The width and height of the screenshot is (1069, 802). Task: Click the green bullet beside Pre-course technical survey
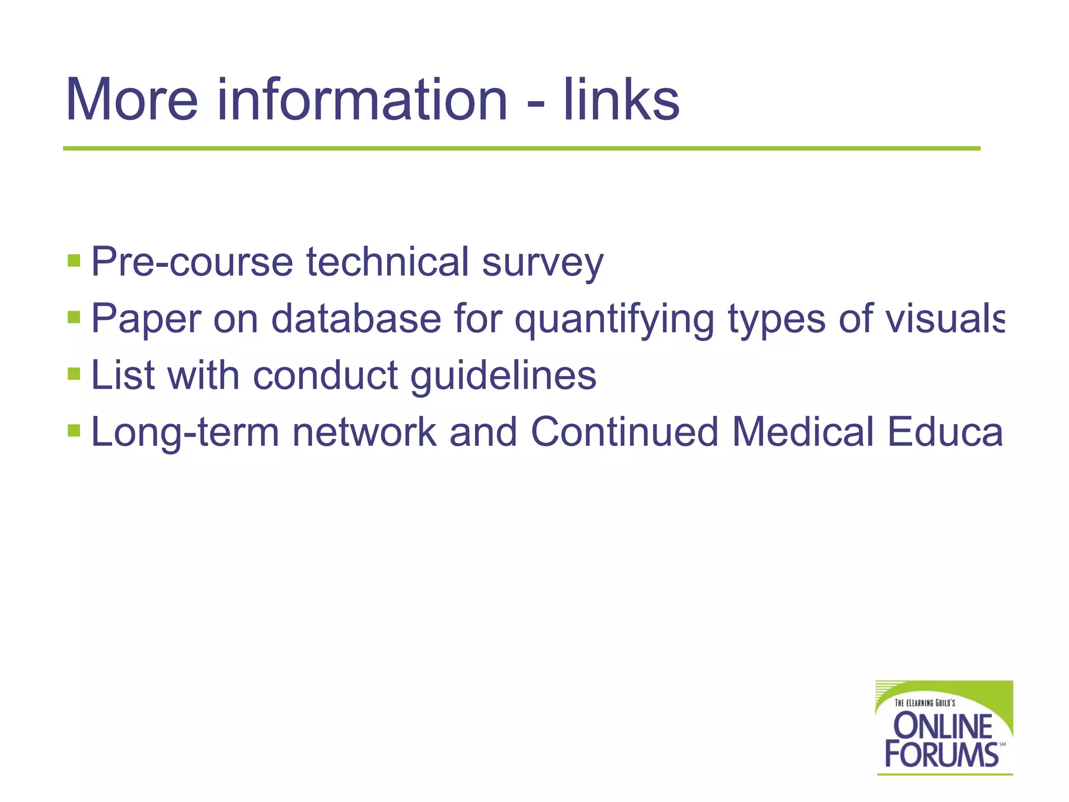point(74,260)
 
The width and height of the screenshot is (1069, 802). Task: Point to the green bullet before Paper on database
point(74,317)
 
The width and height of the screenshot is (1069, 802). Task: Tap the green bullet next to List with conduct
point(74,374)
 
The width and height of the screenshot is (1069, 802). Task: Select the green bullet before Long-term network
point(74,431)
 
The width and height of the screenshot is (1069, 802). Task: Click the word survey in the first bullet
point(542,262)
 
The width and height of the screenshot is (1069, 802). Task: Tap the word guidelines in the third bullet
point(503,376)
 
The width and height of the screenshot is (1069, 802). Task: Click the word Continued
point(625,432)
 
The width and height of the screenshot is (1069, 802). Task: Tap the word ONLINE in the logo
point(943,726)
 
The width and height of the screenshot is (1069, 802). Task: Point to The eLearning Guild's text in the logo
point(925,703)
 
